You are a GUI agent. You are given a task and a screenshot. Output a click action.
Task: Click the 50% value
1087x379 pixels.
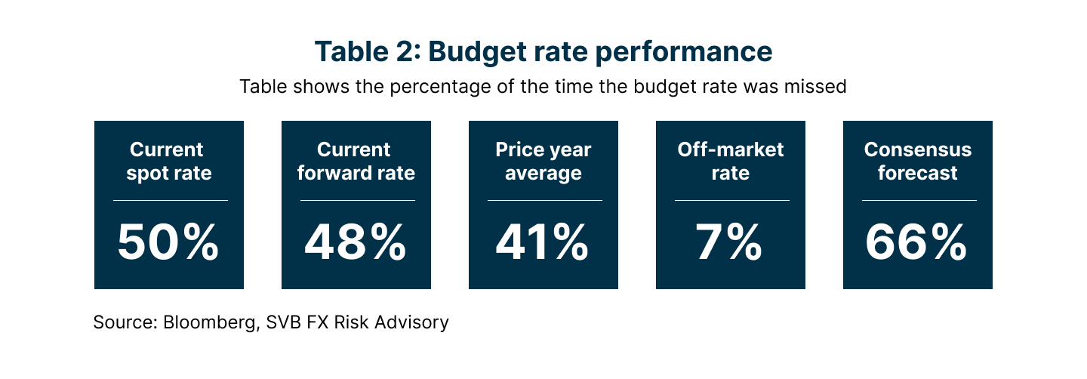[168, 243]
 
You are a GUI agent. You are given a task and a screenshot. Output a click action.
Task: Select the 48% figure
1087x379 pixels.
[356, 243]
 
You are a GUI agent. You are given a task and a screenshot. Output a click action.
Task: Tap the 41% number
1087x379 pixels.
[543, 243]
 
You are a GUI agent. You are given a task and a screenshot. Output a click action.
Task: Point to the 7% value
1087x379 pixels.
[730, 243]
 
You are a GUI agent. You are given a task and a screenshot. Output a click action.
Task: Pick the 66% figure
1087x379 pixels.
[917, 243]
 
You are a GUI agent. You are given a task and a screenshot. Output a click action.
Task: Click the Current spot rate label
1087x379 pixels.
[168, 161]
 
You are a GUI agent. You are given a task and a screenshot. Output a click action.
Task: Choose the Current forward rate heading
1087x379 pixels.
[356, 161]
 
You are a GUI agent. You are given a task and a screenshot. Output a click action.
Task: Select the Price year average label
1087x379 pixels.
[543, 161]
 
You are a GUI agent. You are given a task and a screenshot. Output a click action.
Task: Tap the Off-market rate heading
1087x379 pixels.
[730, 161]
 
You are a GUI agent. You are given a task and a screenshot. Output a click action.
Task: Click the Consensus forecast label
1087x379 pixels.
[917, 161]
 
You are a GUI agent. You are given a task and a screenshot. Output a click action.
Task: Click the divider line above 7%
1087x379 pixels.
[730, 201]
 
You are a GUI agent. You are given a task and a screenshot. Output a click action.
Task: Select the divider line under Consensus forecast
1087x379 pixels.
[917, 201]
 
